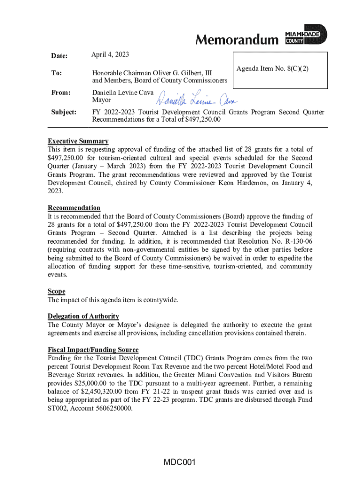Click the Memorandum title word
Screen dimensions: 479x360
[236, 40]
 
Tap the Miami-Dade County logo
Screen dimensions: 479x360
[306, 35]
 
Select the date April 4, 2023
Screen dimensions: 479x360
[110, 55]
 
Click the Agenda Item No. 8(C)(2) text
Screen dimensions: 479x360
[273, 69]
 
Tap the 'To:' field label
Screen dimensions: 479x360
[55, 73]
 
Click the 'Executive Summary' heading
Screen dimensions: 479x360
[78, 141]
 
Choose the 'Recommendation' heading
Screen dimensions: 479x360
[74, 208]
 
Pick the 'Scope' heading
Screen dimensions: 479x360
[57, 291]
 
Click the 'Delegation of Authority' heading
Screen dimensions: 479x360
[83, 316]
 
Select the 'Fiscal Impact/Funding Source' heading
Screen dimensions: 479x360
[93, 350]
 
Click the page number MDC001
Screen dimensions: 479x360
[179, 463]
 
